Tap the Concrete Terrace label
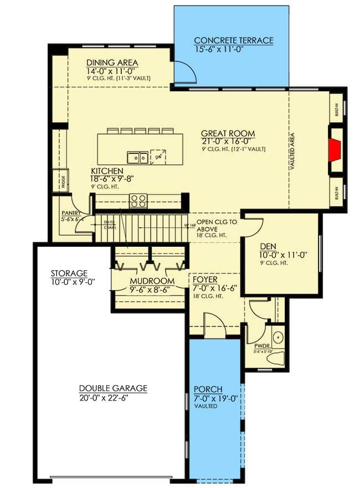click(x=233, y=40)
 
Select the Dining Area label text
click(x=112, y=63)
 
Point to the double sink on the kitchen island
click(x=137, y=158)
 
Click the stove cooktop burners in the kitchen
click(x=138, y=201)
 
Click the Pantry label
click(x=71, y=213)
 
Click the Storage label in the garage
click(x=69, y=273)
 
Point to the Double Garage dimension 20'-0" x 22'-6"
click(x=113, y=398)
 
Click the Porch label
click(x=206, y=388)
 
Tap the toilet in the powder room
click(x=275, y=359)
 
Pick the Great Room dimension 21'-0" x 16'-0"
click(x=228, y=142)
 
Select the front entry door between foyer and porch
click(x=215, y=326)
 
